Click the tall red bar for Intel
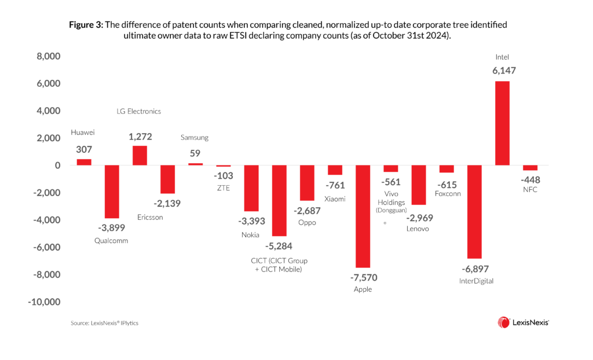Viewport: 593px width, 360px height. [502, 123]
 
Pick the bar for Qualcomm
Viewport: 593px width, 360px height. [112, 192]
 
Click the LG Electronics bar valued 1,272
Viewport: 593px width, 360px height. [140, 156]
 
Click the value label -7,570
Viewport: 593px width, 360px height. [363, 277]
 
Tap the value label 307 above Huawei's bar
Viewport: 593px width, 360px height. [85, 149]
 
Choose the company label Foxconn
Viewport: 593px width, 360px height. [446, 194]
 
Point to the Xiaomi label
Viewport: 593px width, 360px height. [335, 199]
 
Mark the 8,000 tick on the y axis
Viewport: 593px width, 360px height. [49, 57]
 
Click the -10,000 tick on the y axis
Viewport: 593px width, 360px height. [45, 302]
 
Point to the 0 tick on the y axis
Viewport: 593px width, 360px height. [57, 166]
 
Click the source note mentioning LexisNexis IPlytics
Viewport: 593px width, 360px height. [105, 323]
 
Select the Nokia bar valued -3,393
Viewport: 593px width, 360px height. [251, 188]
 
